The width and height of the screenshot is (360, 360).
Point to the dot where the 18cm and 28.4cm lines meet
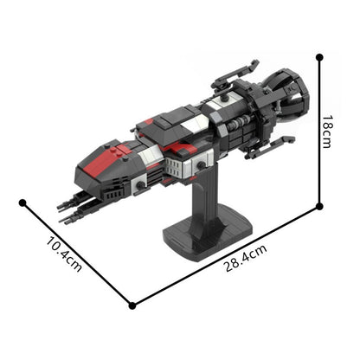319,206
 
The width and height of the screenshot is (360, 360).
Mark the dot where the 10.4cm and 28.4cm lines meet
132,305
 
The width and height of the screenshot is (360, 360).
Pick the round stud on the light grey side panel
201,161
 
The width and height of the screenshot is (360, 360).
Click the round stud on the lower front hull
138,183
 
